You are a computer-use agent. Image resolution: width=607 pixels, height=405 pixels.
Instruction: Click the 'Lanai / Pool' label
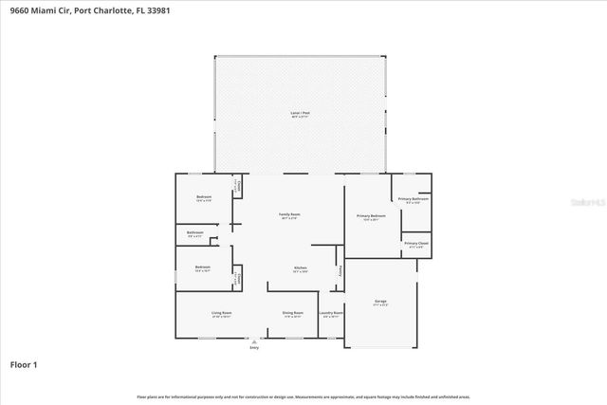[300, 113]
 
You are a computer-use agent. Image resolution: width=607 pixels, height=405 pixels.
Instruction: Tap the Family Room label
[288, 215]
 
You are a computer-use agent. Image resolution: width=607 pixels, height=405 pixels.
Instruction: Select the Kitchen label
[300, 268]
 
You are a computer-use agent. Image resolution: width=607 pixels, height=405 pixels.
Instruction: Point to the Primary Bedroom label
[371, 217]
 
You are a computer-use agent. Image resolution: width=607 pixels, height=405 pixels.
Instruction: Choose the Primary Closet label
[415, 244]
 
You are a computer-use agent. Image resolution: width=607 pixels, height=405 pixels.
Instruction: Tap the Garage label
[380, 302]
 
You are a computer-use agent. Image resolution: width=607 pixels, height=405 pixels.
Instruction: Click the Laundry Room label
[331, 312]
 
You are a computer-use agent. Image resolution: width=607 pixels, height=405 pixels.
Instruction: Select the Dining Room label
[292, 312]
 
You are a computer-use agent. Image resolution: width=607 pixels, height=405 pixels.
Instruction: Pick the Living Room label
[221, 312]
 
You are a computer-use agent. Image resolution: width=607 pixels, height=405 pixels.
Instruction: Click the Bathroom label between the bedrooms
[195, 232]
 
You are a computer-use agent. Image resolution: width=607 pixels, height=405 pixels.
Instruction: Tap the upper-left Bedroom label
[203, 198]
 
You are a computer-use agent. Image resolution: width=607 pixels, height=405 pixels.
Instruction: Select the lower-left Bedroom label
[202, 267]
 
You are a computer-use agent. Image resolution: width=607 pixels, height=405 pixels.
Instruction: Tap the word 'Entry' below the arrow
[253, 348]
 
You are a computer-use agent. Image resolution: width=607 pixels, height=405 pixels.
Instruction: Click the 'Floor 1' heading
[24, 364]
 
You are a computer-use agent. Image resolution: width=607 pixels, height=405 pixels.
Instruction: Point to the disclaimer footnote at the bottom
[303, 396]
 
